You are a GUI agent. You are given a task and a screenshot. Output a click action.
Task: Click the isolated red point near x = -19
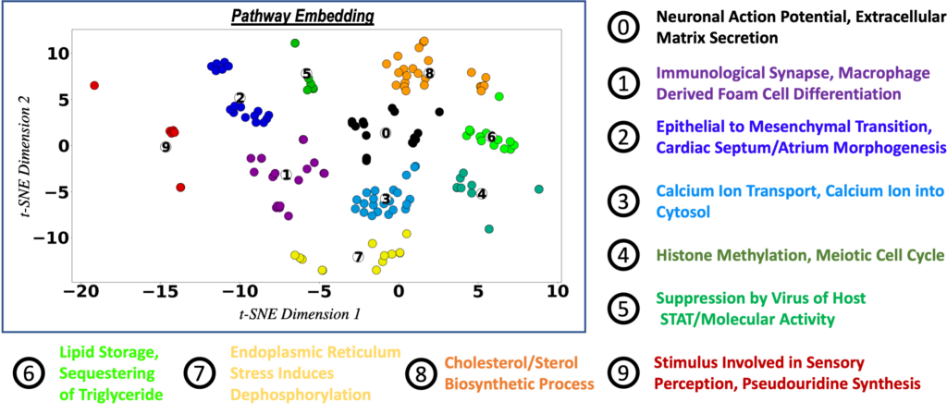94,85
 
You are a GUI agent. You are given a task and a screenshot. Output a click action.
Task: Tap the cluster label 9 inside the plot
166,146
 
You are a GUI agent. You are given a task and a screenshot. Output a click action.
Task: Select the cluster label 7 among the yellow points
358,256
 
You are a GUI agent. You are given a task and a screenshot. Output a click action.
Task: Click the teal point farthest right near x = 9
539,189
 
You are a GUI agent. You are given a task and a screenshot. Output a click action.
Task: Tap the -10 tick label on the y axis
48,237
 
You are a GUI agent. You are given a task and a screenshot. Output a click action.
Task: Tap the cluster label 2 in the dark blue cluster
240,98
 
